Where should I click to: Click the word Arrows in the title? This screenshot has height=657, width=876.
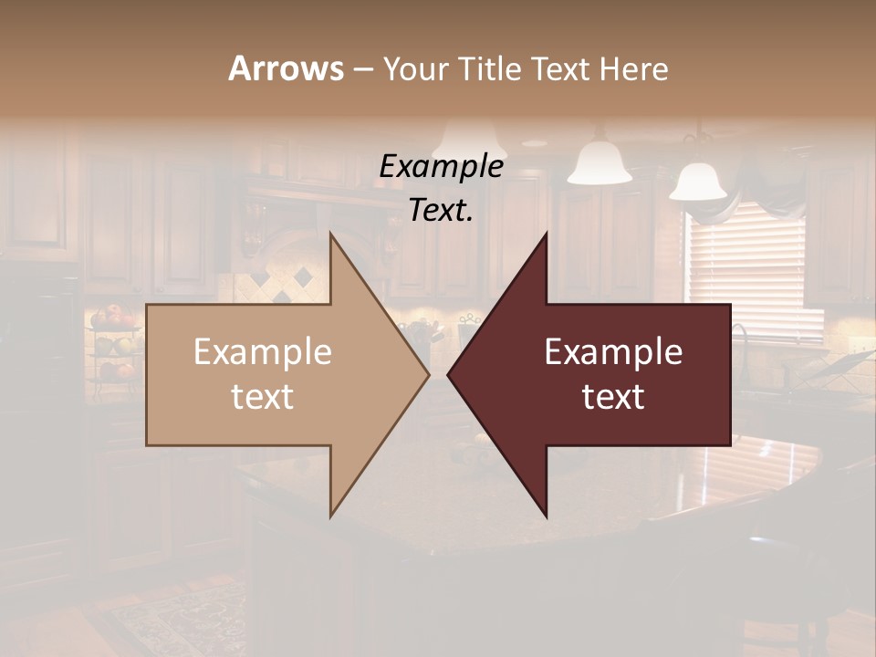(286, 68)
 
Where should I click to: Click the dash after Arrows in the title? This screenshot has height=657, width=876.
(362, 69)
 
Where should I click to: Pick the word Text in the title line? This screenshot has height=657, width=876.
(562, 68)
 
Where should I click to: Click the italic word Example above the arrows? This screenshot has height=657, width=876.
(441, 166)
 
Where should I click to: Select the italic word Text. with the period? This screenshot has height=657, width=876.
(441, 210)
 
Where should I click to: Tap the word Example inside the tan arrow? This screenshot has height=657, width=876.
(263, 352)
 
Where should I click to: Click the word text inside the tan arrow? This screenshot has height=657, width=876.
(263, 396)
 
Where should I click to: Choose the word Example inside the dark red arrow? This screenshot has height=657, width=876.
(613, 352)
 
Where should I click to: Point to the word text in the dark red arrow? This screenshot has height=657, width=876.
(613, 396)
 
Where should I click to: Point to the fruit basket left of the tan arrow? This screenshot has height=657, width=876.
(114, 342)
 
